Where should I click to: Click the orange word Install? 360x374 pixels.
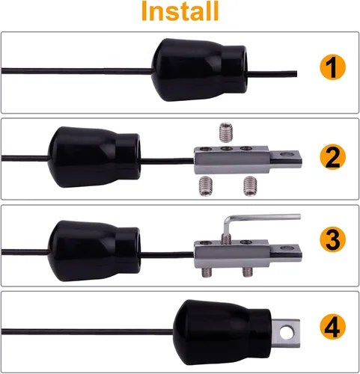[x=180, y=11]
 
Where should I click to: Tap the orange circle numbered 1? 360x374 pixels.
[x=333, y=67]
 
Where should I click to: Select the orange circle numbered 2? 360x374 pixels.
[x=333, y=157]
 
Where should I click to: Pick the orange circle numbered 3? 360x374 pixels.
[x=333, y=239]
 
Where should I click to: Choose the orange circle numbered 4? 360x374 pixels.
[x=333, y=327]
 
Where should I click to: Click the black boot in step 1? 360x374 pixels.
[x=199, y=70]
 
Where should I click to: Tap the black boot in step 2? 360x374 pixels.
[x=94, y=157]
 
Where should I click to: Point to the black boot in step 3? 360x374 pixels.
[x=94, y=251]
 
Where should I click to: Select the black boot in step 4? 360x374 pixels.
[x=222, y=332]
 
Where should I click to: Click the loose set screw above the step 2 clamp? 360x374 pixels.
[x=227, y=132]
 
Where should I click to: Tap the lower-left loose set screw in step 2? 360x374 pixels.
[x=205, y=186]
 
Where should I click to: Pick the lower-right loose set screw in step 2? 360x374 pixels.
[x=250, y=186]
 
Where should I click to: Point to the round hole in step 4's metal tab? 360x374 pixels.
[x=287, y=333]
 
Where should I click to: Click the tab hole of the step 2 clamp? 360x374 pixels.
[x=287, y=154]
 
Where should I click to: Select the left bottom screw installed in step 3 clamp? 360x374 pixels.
[x=206, y=272]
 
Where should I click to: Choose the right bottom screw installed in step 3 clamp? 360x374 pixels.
[x=247, y=272]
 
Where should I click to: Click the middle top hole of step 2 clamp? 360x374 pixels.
[x=226, y=149]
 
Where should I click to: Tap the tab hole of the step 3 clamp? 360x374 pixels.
[x=287, y=248]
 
